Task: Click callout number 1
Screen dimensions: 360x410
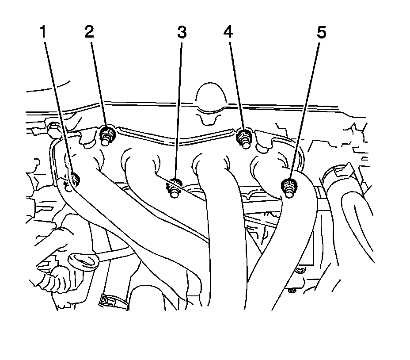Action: (43, 32)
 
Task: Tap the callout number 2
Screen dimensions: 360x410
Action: (90, 32)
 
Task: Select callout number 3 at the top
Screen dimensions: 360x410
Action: (182, 32)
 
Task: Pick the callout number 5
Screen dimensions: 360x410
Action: (321, 32)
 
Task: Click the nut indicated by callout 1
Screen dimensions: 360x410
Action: (74, 180)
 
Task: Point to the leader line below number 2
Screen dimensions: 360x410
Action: (98, 84)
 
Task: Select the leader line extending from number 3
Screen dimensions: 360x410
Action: (179, 111)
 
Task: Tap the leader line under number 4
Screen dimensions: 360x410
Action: (235, 84)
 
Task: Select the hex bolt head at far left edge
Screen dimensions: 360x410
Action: (53, 128)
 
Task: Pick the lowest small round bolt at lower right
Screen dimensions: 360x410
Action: (292, 291)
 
